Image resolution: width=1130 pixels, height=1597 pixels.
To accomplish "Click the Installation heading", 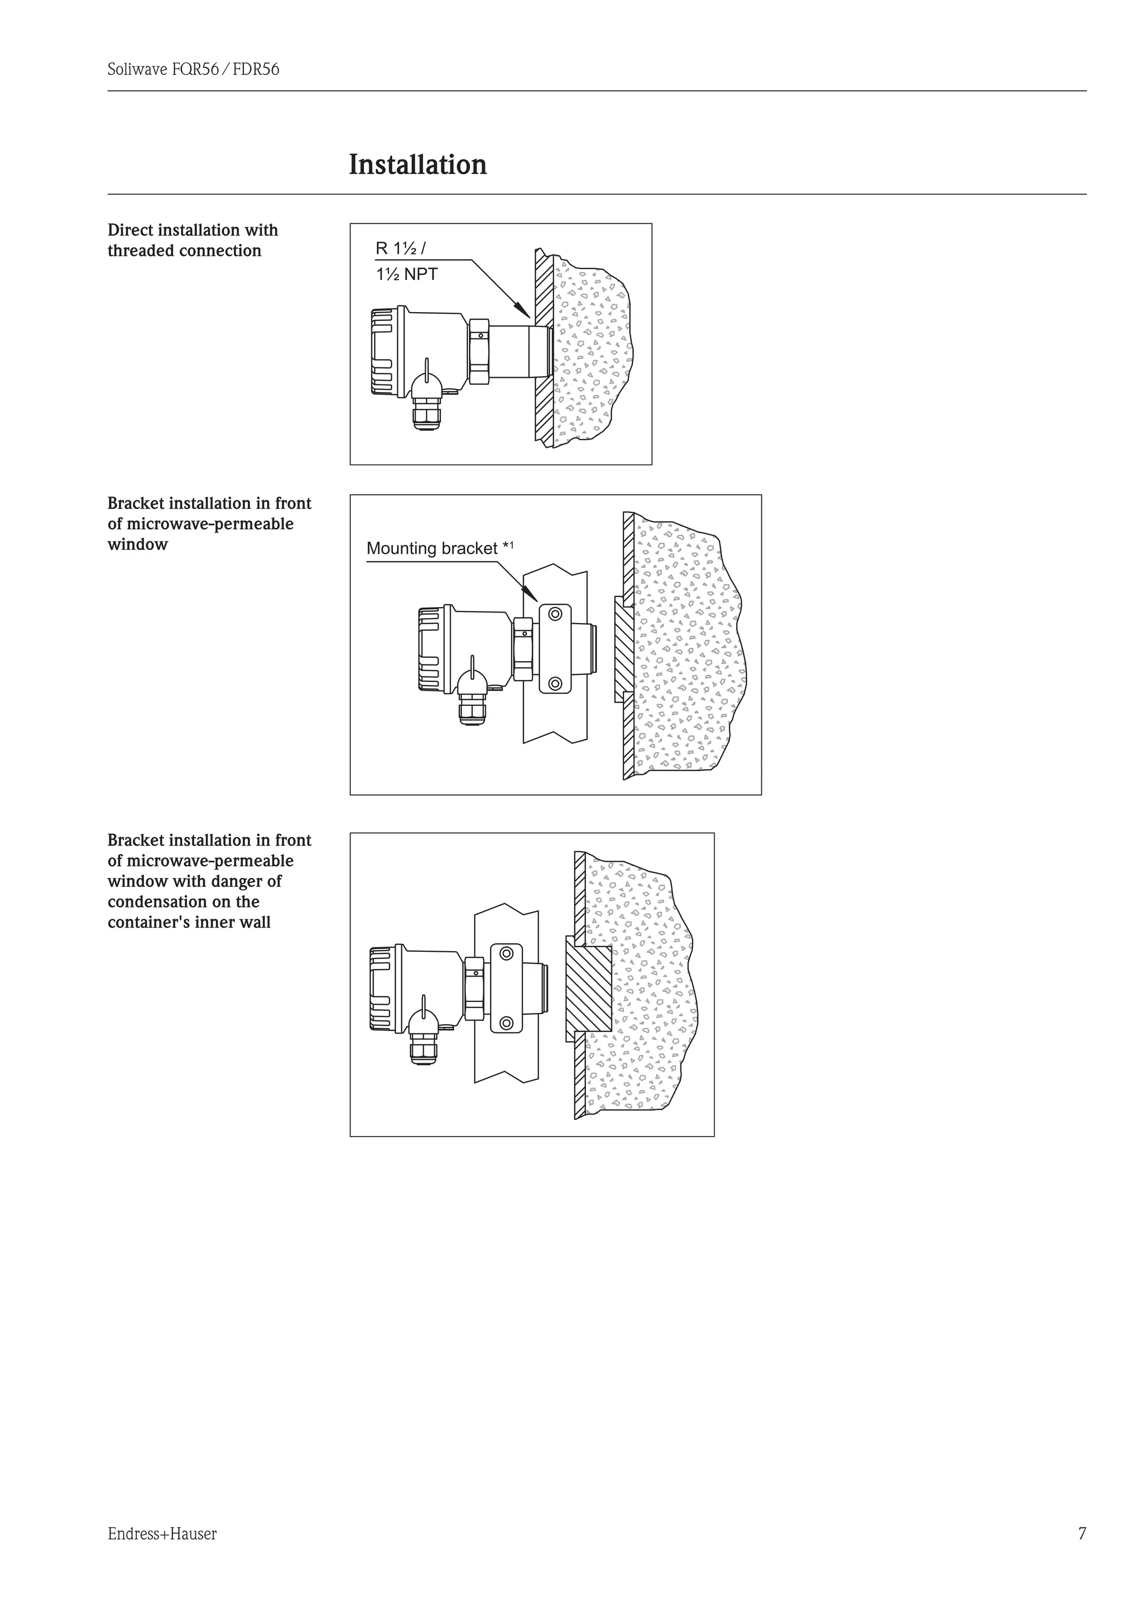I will pos(418,165).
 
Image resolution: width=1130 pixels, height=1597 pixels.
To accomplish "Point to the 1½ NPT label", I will pos(407,274).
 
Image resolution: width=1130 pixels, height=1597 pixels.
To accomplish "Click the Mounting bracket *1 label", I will pos(439,549).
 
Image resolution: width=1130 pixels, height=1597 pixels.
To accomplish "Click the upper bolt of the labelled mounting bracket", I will pos(555,614).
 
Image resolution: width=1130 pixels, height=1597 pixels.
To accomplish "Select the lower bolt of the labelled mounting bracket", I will pos(555,683).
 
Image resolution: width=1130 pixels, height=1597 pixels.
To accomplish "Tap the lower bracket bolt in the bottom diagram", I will pos(507,1022).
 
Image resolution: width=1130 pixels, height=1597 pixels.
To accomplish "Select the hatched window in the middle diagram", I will pos(624,649).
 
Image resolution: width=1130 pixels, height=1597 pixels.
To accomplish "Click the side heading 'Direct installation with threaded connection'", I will pos(193,240).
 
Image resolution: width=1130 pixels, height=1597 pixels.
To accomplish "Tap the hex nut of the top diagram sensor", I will pos(479,351).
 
